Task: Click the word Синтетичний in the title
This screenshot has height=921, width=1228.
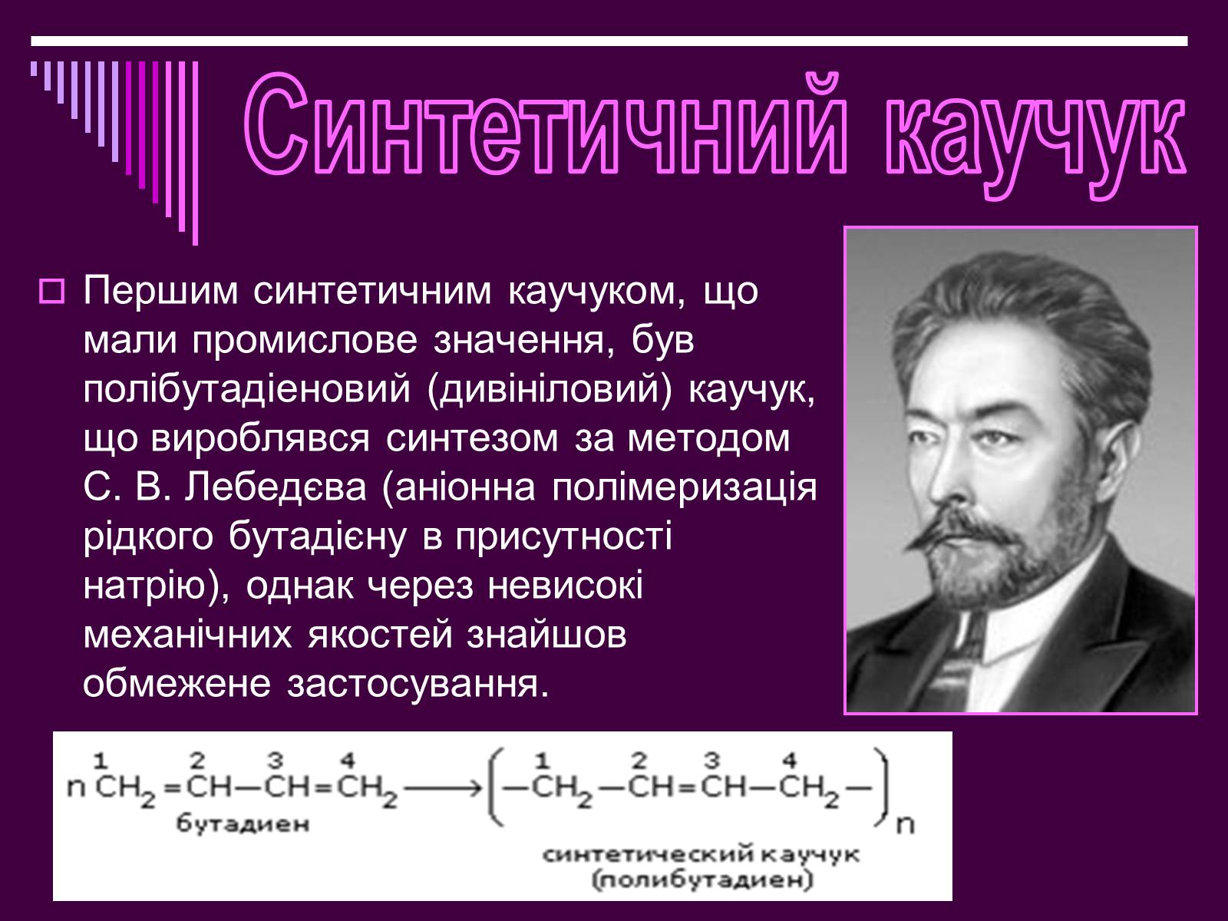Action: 544,125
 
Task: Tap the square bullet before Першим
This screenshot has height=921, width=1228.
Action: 52,292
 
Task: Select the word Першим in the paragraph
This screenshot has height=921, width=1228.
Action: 160,291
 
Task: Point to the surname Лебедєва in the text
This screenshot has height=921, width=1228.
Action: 276,487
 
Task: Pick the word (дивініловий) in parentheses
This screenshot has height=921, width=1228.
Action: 549,390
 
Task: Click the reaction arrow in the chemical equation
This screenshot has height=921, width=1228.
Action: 443,789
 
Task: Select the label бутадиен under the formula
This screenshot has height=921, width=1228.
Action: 243,823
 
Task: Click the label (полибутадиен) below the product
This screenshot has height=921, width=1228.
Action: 703,881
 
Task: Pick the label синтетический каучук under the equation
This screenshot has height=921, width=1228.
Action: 701,854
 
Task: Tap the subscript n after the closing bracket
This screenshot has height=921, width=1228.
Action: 905,825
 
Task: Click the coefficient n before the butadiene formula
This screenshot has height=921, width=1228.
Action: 76,788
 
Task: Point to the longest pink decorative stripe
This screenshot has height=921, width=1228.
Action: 195,153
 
